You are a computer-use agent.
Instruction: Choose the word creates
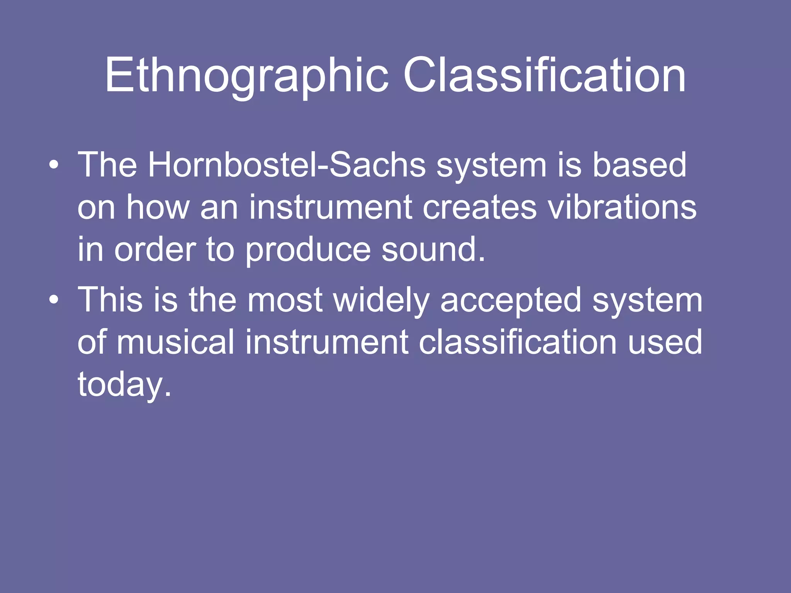pos(479,208)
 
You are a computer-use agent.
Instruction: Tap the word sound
pos(433,250)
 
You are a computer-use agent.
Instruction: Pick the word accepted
pos(511,300)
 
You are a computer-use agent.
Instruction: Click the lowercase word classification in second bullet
pos(518,342)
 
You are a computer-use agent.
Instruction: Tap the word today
pos(124,385)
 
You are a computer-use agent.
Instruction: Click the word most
pos(285,300)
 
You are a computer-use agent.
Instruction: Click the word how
pos(158,208)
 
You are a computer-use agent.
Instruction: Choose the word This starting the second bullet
pos(110,300)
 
